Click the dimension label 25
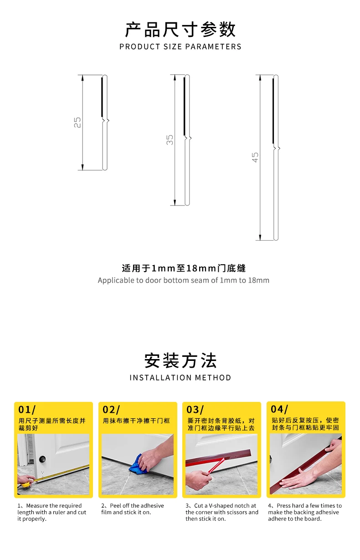pos(77,123)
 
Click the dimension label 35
pos(170,140)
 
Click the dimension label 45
pos(255,158)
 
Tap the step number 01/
pos(27,410)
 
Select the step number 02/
pos(111,410)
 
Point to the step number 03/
pos(195,410)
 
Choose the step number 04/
pos(279,409)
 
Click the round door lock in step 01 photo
pos(42,459)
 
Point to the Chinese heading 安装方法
pos(180,360)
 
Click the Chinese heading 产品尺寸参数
pos(180,30)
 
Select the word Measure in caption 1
pos(36,505)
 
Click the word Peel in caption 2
pos(115,505)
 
